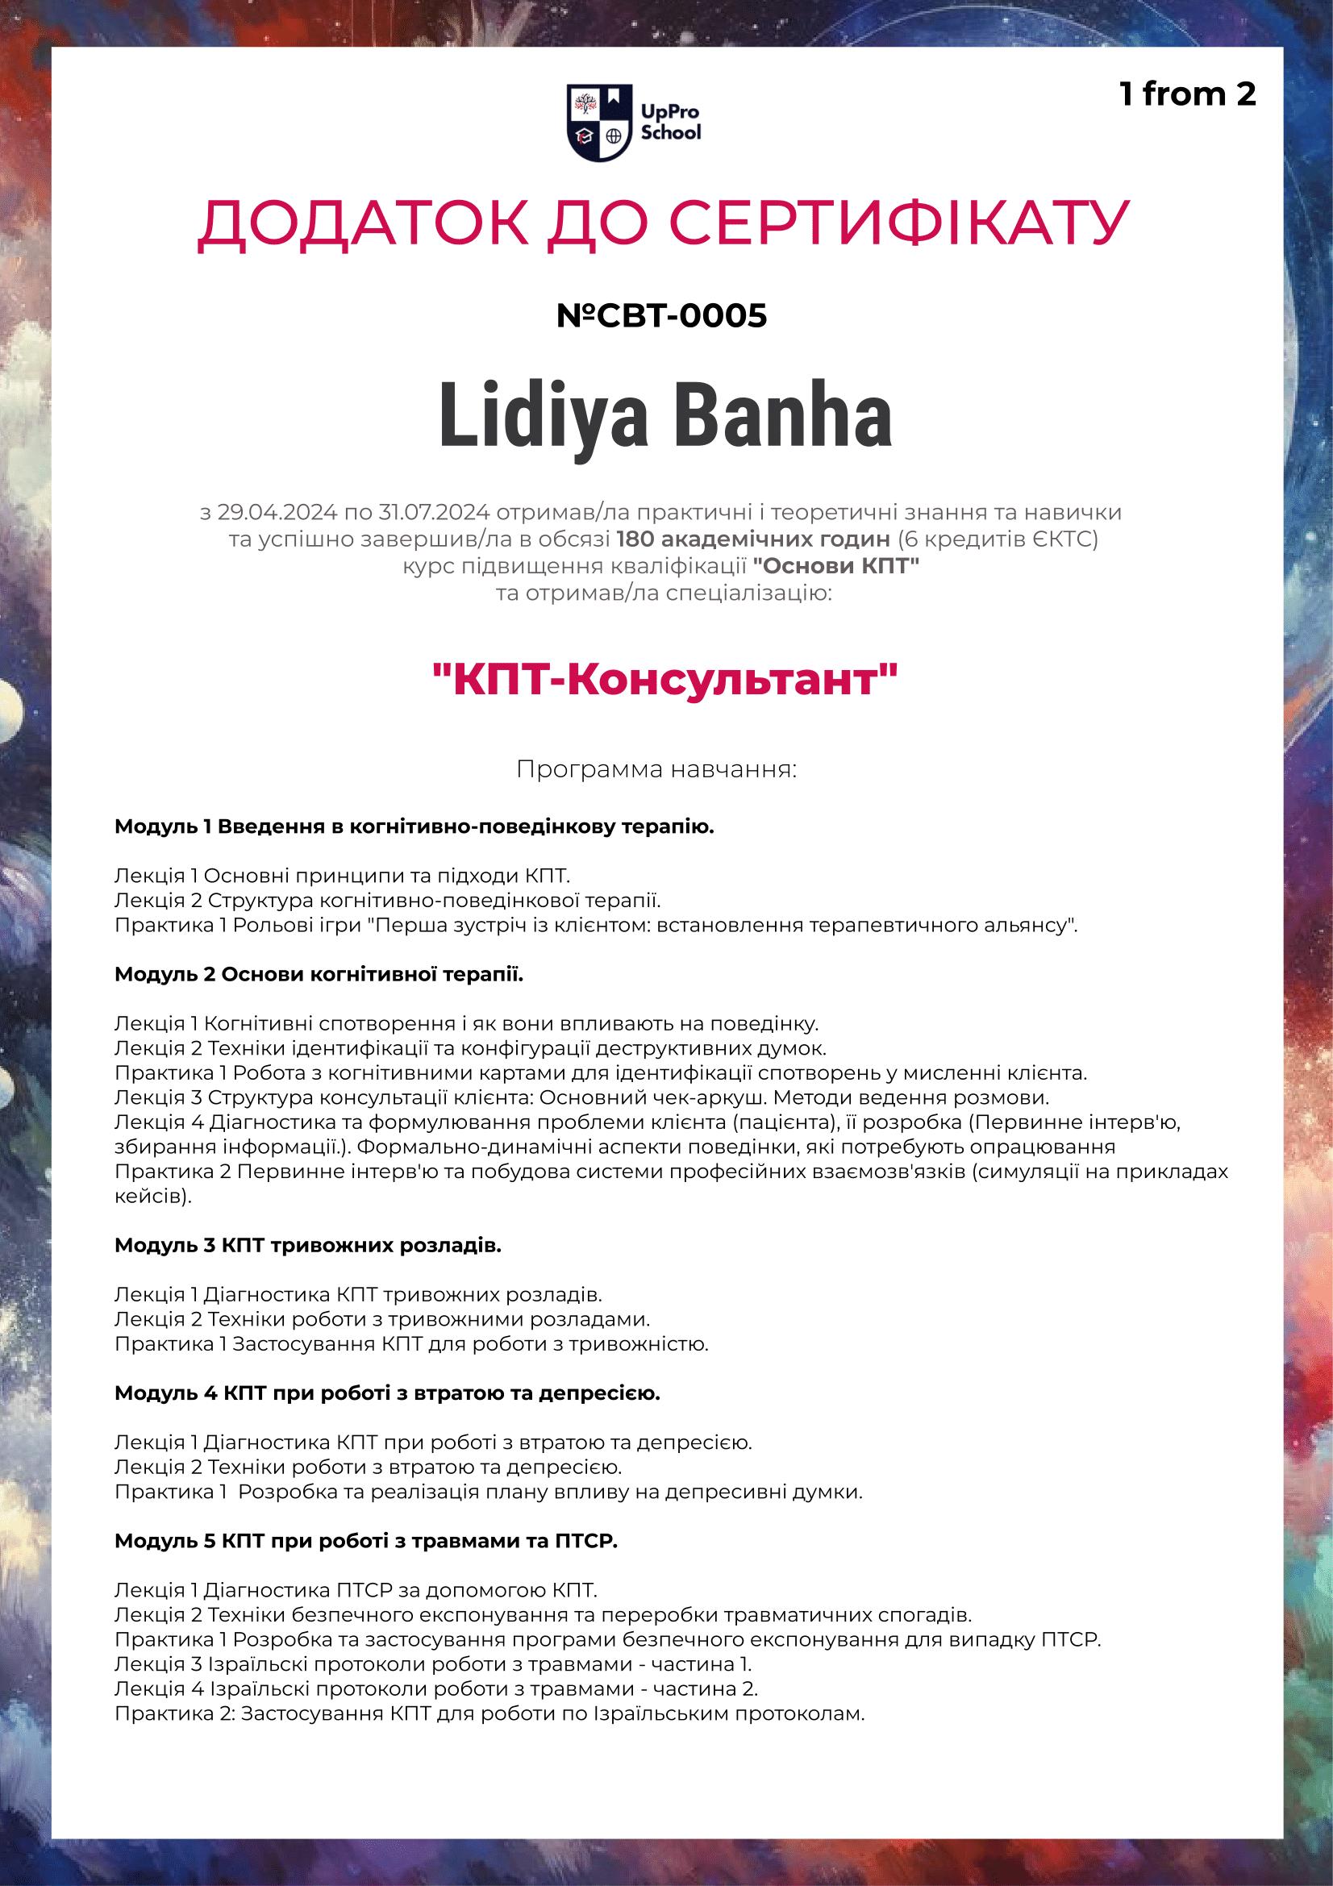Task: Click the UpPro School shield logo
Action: [599, 122]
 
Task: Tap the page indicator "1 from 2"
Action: [1187, 94]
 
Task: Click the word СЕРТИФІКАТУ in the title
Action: [899, 223]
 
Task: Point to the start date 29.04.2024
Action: [277, 513]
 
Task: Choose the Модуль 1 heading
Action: [414, 826]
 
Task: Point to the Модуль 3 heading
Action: [307, 1245]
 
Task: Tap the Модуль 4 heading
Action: [387, 1393]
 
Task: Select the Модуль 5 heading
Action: [365, 1541]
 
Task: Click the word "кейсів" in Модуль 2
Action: [150, 1196]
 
